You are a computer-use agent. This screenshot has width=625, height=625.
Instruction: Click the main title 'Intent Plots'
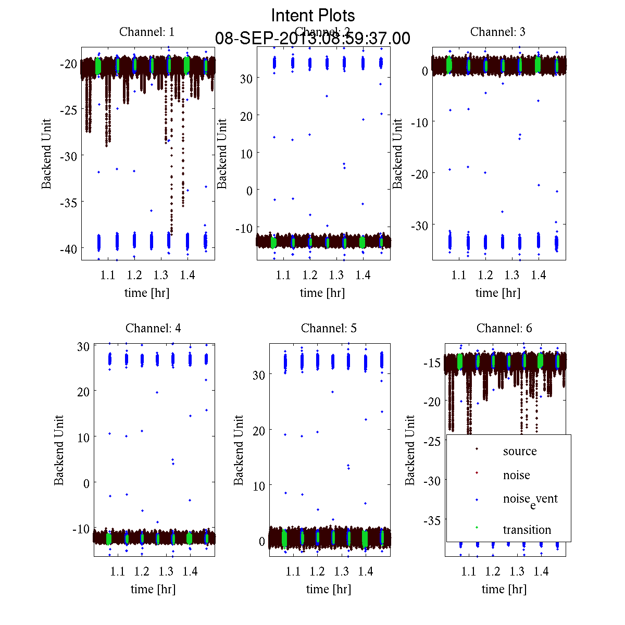tap(313, 15)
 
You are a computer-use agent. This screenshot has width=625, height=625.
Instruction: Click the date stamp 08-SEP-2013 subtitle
tap(313, 39)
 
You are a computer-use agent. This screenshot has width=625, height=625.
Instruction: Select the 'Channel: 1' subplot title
tap(147, 32)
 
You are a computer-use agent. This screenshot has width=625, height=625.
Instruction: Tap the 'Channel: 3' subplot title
tap(498, 32)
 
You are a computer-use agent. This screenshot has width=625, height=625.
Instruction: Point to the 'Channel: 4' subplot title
tap(153, 328)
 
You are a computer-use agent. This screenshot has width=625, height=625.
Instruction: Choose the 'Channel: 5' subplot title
tap(329, 328)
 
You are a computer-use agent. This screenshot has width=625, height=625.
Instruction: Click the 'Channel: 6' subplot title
tap(504, 328)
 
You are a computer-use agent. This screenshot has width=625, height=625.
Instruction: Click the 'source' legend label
tap(519, 452)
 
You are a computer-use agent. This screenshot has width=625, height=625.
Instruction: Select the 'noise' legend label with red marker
tap(516, 476)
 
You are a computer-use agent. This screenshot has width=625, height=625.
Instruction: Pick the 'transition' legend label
tap(527, 530)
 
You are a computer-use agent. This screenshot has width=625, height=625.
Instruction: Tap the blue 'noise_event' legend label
tap(530, 499)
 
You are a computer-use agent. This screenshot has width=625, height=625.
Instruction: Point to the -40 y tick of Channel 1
tap(68, 248)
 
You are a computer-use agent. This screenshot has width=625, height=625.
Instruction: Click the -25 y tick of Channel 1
tap(68, 110)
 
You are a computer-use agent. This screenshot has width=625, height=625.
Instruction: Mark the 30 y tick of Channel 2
tap(246, 78)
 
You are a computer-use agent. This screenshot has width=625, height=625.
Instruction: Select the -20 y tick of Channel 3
tap(419, 173)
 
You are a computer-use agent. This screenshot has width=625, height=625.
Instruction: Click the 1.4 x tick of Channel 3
tap(539, 275)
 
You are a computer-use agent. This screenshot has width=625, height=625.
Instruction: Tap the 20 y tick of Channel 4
tap(83, 391)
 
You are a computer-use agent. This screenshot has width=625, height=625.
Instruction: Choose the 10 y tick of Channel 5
tap(259, 486)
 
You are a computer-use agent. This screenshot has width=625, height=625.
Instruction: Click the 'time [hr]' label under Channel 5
tap(329, 589)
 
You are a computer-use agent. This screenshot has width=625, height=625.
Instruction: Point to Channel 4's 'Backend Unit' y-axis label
tap(59, 450)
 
